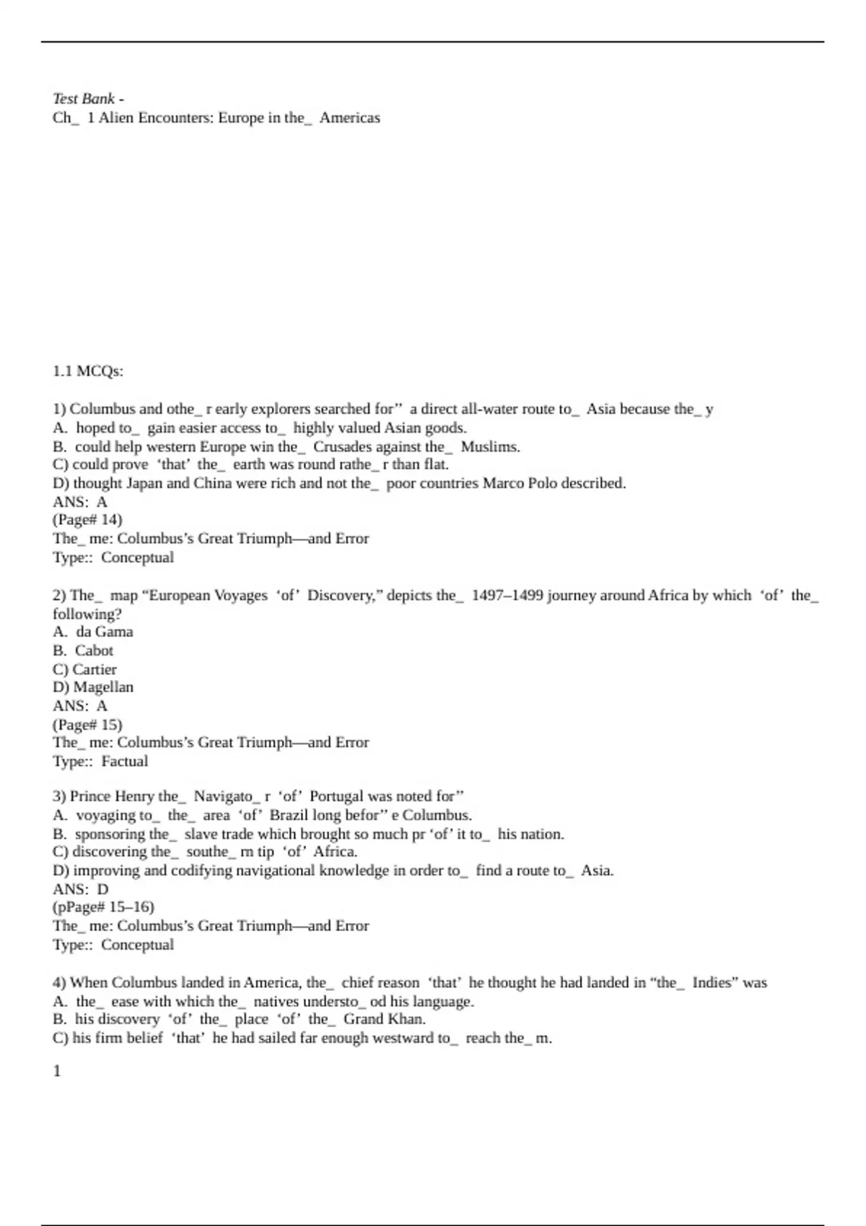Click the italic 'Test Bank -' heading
[x=88, y=98]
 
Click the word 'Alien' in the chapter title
[x=115, y=118]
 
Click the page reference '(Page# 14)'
[x=87, y=520]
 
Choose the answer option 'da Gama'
[x=104, y=632]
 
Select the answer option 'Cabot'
[x=94, y=651]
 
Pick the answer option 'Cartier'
[x=94, y=669]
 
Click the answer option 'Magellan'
[x=103, y=687]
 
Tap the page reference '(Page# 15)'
[x=87, y=724]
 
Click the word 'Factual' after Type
[x=124, y=761]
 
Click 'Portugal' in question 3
[x=336, y=797]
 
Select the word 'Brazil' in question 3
[x=289, y=816]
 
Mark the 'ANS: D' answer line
[x=80, y=889]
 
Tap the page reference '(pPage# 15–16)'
[x=103, y=907]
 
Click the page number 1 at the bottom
[x=57, y=1071]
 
